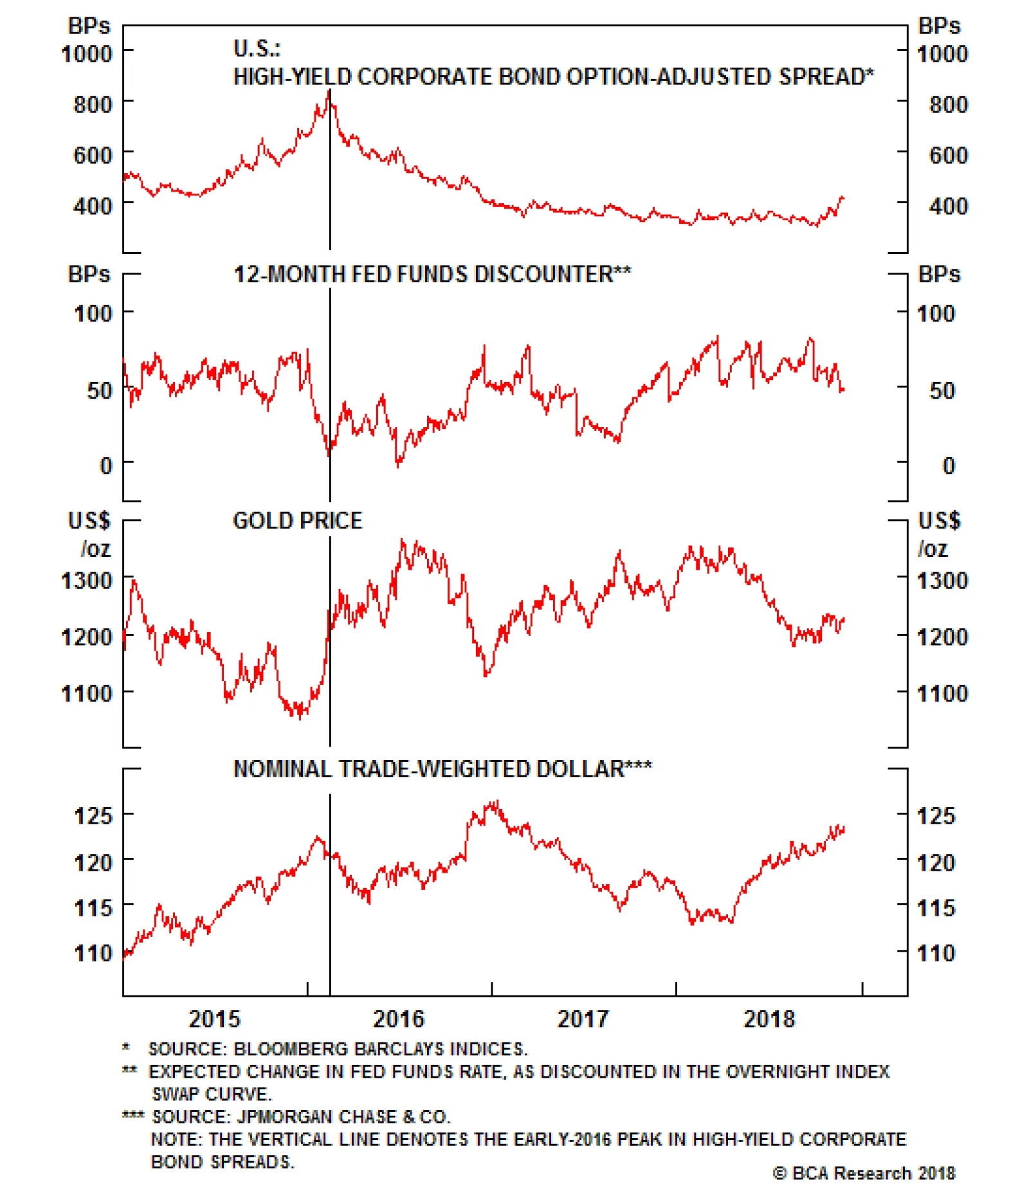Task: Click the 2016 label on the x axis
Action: (x=398, y=1019)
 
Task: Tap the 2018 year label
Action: (x=769, y=1019)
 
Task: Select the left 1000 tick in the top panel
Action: (x=86, y=53)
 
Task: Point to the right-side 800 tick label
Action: (x=948, y=104)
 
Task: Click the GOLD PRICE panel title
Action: (x=297, y=520)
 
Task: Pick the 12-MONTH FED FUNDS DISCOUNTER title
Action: (x=432, y=275)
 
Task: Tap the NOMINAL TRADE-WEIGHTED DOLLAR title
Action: (x=442, y=769)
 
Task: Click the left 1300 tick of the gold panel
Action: (x=86, y=581)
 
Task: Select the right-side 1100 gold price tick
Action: (x=942, y=693)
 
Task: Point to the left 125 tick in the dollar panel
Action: (x=93, y=815)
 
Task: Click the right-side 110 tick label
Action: (x=936, y=952)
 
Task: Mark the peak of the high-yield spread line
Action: (x=329, y=92)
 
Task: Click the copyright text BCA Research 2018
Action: (x=864, y=1174)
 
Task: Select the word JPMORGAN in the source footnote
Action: (x=281, y=1116)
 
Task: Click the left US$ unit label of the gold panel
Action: (x=89, y=520)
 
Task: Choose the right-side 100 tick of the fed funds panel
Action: (x=936, y=314)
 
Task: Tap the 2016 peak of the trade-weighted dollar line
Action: (x=495, y=803)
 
